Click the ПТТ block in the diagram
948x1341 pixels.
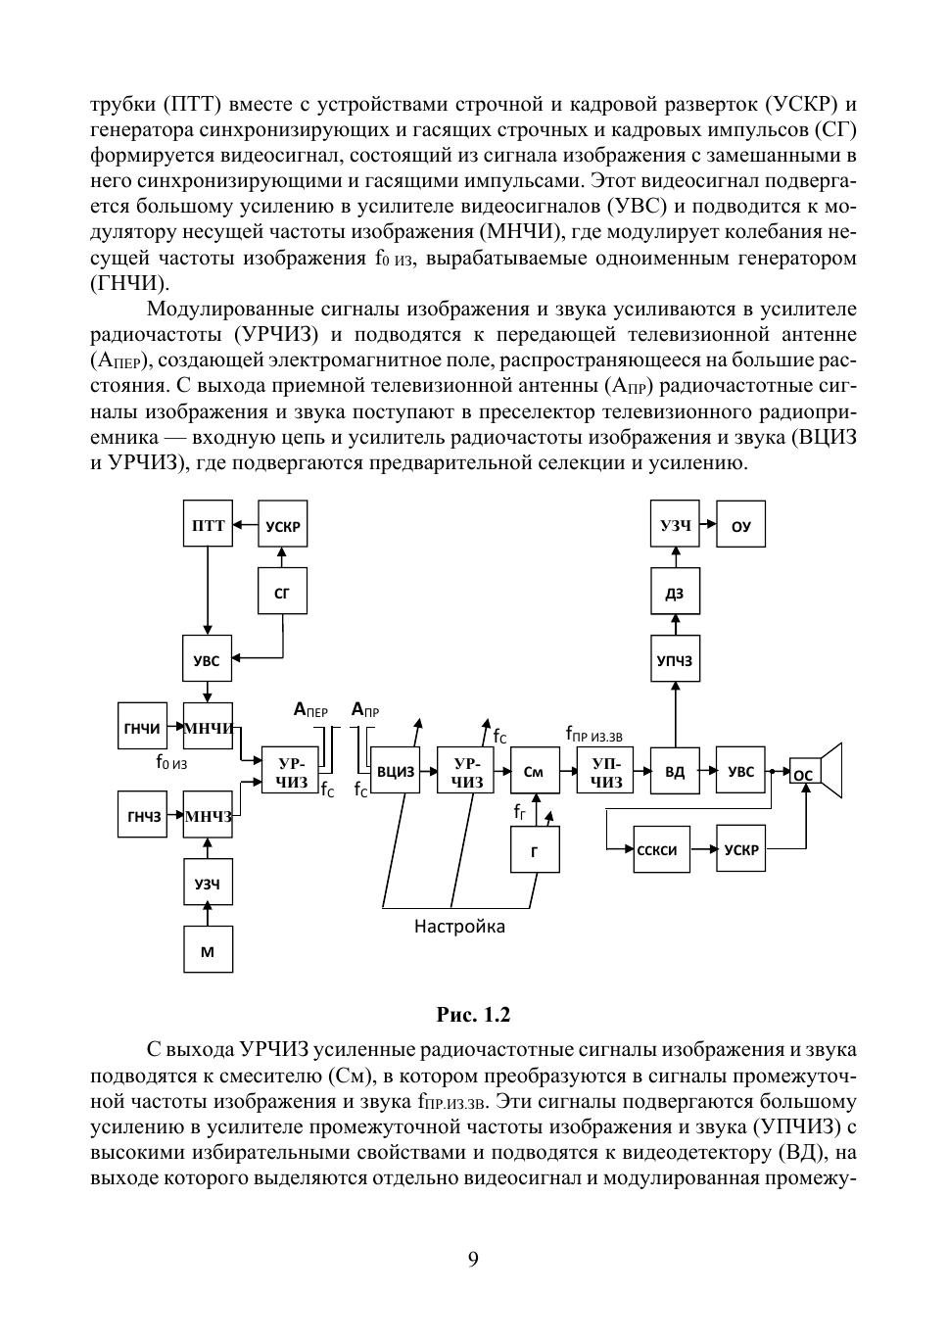pos(208,524)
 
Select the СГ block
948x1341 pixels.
pos(282,591)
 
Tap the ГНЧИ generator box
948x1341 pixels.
pos(142,726)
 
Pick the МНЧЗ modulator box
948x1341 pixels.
pos(208,814)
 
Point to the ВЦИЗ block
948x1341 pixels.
pos(395,770)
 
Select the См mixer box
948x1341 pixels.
pos(535,770)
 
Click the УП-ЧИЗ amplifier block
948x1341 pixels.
pos(605,770)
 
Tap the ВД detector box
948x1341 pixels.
pos(675,770)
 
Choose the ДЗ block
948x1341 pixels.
pos(675,591)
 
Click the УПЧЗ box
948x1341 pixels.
pos(675,658)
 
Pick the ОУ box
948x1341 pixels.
pos(741,524)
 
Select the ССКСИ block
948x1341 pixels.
pos(661,849)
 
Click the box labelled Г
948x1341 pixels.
pos(535,849)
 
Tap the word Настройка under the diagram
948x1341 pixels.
pos(459,927)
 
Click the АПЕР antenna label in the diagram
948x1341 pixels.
pos(310,710)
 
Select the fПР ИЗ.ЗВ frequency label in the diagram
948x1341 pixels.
pos(594,734)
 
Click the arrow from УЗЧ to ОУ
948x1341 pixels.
pos(708,524)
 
